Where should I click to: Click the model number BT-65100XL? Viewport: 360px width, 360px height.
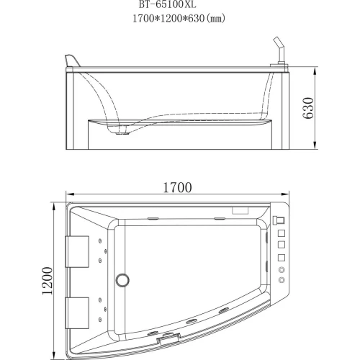click(168, 4)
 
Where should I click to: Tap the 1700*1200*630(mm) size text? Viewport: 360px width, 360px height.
click(179, 18)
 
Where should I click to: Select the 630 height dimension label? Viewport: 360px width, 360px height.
click(308, 108)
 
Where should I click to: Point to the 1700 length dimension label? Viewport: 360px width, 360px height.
click(178, 187)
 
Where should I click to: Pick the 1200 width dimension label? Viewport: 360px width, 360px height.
click(48, 281)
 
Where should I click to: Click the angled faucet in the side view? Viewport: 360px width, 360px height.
click(279, 52)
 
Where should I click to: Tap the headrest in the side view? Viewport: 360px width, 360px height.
click(71, 60)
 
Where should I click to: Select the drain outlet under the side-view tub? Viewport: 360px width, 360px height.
click(122, 132)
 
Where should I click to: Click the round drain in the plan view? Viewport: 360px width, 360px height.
click(122, 280)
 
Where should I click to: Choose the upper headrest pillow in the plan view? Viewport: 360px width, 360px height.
click(77, 251)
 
